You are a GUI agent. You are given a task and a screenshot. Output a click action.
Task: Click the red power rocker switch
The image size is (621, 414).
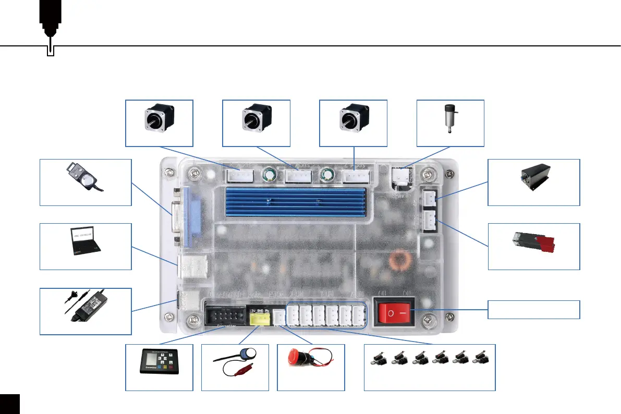[x=394, y=313]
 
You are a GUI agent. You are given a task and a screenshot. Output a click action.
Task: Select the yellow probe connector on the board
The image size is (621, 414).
[x=259, y=317]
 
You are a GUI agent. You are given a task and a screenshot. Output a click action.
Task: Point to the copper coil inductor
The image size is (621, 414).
[x=402, y=261]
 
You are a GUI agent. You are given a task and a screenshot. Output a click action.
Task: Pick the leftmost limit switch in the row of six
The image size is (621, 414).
[x=379, y=358]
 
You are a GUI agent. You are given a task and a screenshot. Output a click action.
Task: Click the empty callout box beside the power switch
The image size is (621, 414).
[x=533, y=309]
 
